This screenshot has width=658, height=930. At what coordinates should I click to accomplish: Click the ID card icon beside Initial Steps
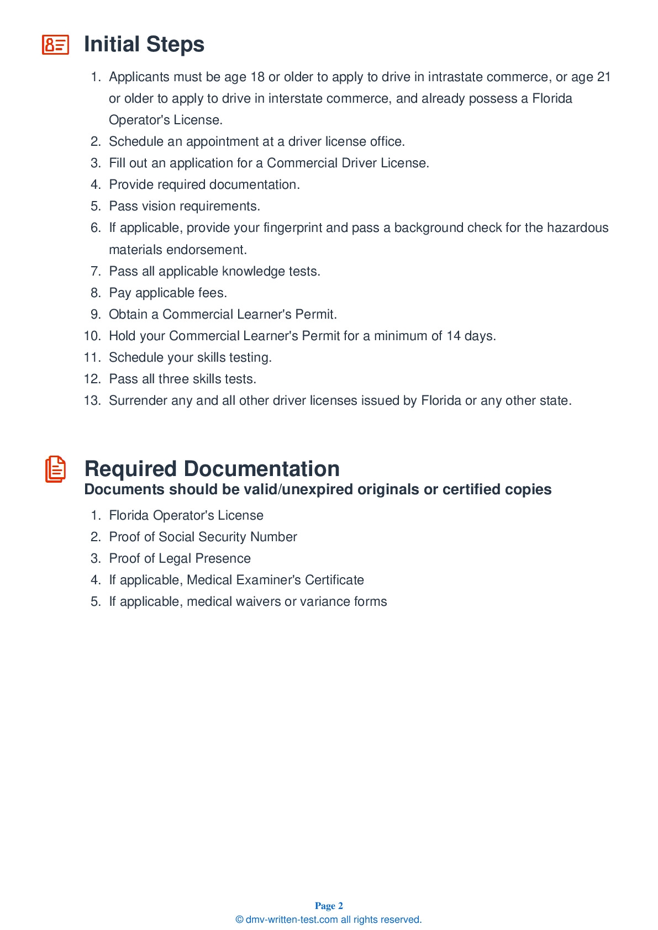coord(55,45)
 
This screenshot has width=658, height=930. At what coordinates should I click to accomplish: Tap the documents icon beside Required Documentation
coord(55,469)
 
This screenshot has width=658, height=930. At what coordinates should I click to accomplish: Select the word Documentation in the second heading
coord(261,469)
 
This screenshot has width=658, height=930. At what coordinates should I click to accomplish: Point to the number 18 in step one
coord(257,77)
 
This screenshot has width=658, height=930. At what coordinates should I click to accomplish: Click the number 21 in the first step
coord(603,77)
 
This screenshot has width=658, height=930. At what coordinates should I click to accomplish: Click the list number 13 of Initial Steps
coord(92,400)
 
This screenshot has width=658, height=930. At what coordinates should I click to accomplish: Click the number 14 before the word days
coord(454,336)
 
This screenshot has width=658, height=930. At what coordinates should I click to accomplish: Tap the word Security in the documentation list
coord(222,537)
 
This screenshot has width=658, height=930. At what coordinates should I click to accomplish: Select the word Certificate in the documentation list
coord(334,580)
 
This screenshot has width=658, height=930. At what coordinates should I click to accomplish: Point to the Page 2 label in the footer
coord(329,906)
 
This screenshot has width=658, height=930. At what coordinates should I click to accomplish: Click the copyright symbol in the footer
coord(239,920)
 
